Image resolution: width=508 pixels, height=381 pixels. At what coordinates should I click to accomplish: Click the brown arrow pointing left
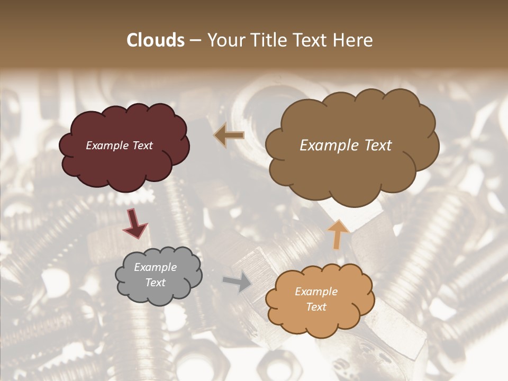point(230,135)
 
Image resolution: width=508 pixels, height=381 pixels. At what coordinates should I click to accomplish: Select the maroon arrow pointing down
point(134,223)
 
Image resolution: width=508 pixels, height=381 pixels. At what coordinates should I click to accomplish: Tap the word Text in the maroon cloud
point(142,146)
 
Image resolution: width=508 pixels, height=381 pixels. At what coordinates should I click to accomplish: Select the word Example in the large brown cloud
point(329,146)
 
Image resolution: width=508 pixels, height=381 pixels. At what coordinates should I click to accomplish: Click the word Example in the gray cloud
point(155,267)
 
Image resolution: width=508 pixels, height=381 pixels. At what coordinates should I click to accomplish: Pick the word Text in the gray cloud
point(155,283)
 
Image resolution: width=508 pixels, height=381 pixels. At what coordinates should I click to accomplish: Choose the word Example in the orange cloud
point(316,292)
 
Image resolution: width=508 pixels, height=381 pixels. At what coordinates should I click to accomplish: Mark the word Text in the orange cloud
point(316,307)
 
